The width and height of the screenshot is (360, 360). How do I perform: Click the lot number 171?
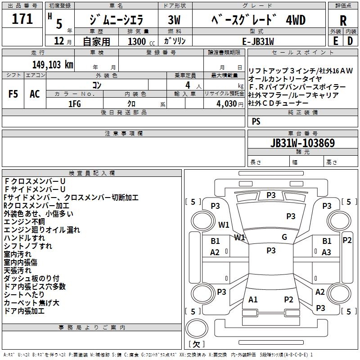pyautogui.click(x=22, y=19)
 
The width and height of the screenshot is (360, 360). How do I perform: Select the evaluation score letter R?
pyautogui.click(x=343, y=20)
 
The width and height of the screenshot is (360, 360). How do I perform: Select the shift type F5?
pyautogui.click(x=13, y=94)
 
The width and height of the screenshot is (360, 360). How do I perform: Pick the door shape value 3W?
pyautogui.click(x=174, y=20)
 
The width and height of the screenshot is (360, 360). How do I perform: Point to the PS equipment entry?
pyautogui.click(x=256, y=121)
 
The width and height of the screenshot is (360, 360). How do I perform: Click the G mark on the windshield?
pyautogui.click(x=284, y=237)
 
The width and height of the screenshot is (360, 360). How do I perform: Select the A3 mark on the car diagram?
pyautogui.click(x=326, y=252)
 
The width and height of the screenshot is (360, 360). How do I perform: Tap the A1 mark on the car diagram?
pyautogui.click(x=253, y=299)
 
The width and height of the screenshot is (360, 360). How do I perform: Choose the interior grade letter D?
pyautogui.click(x=350, y=41)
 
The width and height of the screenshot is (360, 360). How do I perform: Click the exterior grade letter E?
pyautogui.click(x=335, y=41)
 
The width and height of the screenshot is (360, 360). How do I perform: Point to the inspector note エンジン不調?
pyautogui.click(x=24, y=222)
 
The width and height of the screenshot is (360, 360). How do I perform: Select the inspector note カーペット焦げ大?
pyautogui.click(x=31, y=303)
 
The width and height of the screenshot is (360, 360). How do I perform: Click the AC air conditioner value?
pyautogui.click(x=35, y=94)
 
